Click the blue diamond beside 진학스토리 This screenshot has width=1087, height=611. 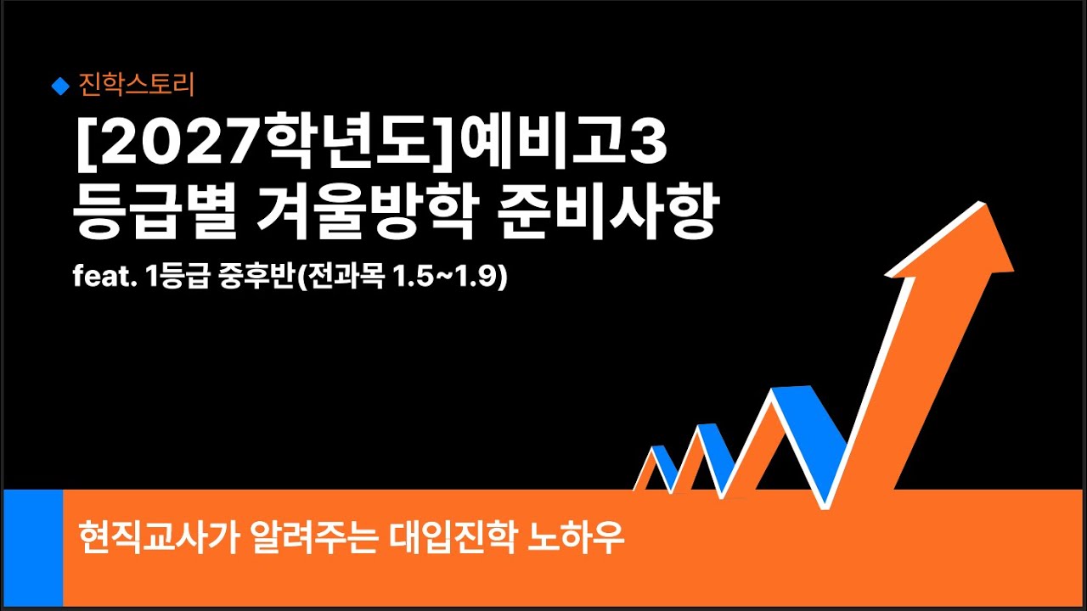[59, 85]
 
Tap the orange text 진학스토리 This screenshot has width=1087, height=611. [137, 85]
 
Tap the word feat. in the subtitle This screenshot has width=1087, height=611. [98, 278]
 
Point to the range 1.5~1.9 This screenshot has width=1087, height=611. [449, 278]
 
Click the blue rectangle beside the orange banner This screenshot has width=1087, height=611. [33, 547]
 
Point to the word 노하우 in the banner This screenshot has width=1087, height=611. [577, 538]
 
